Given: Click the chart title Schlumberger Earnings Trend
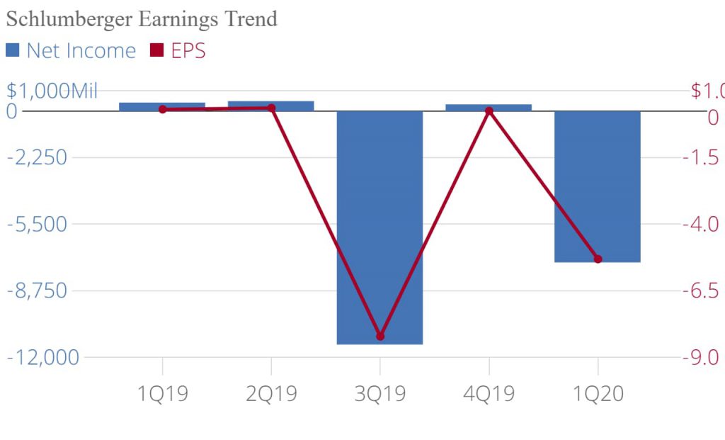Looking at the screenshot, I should (x=141, y=19).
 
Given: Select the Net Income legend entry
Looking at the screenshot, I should (x=71, y=51).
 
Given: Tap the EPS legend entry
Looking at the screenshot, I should (x=178, y=51).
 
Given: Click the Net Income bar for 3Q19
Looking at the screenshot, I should (x=379, y=227).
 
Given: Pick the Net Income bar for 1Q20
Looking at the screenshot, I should (x=597, y=186).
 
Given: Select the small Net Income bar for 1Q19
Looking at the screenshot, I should (x=162, y=106).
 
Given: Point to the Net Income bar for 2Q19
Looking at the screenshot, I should (x=270, y=106).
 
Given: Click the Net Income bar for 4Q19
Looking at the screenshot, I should (x=489, y=107).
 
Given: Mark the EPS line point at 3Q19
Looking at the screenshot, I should (x=380, y=336).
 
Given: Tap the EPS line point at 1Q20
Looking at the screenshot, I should (x=598, y=259).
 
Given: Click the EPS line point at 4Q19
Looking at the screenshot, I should (x=489, y=111).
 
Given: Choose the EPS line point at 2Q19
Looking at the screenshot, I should (x=271, y=108).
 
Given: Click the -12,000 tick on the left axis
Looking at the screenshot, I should (x=43, y=357).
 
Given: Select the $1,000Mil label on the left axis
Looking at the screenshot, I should (x=52, y=91).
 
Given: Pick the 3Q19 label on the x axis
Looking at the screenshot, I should (x=380, y=394).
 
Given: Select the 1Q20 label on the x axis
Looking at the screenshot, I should (x=598, y=394).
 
